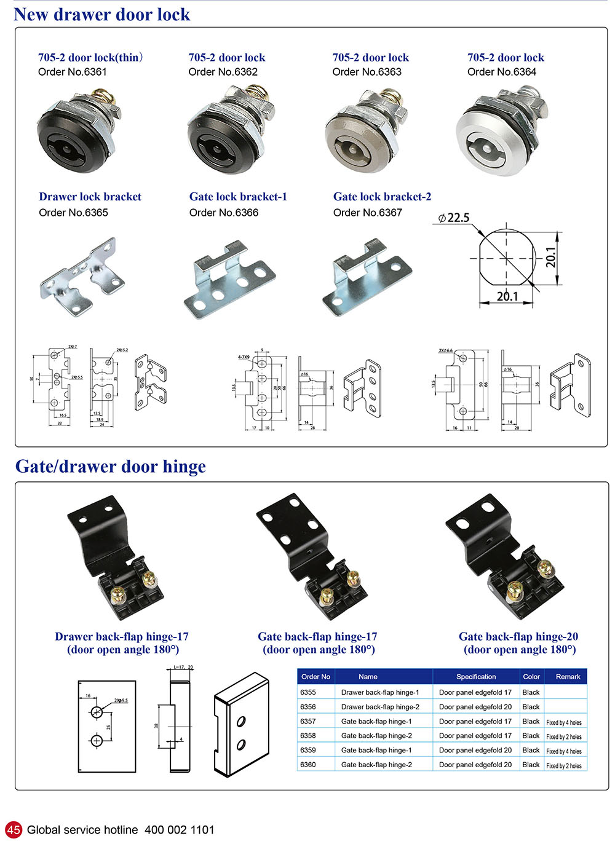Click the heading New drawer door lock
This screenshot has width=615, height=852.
pyautogui.click(x=102, y=14)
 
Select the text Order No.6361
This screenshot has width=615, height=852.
pyautogui.click(x=73, y=72)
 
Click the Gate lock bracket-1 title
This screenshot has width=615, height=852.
pyautogui.click(x=238, y=197)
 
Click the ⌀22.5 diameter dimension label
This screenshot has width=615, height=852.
pyautogui.click(x=454, y=218)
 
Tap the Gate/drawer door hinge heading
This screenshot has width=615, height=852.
pyautogui.click(x=111, y=467)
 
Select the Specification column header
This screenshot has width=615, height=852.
pyautogui.click(x=476, y=677)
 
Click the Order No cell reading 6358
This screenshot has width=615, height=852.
pyautogui.click(x=308, y=736)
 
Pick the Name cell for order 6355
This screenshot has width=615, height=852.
pyautogui.click(x=380, y=692)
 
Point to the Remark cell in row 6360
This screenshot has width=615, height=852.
pyautogui.click(x=564, y=765)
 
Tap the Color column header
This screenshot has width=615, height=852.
pyautogui.click(x=531, y=677)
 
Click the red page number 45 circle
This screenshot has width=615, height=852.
pyautogui.click(x=14, y=830)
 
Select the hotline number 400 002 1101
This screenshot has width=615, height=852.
pyautogui.click(x=180, y=830)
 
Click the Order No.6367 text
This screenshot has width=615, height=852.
pyautogui.click(x=368, y=213)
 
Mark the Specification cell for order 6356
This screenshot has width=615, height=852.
pyautogui.click(x=475, y=707)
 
